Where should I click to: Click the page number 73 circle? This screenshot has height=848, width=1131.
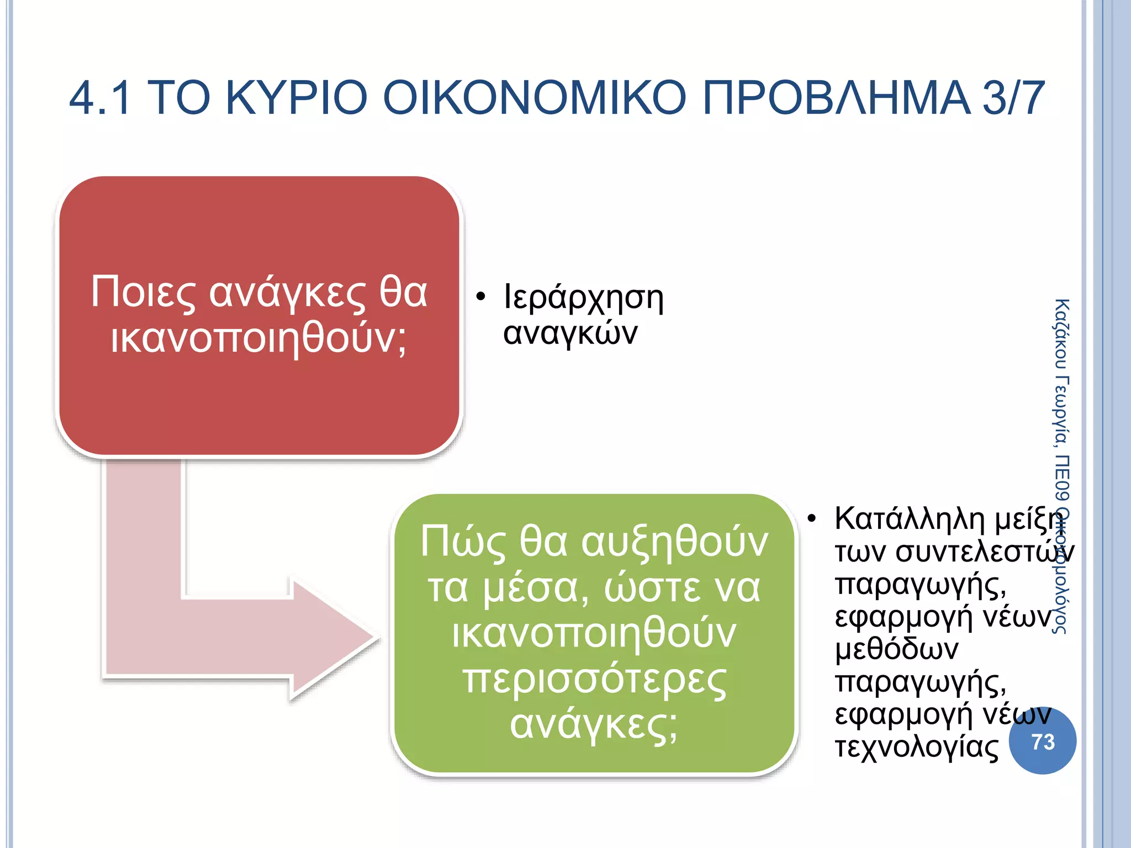tap(1042, 741)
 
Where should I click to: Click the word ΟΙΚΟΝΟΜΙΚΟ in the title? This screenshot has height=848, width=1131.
tap(533, 98)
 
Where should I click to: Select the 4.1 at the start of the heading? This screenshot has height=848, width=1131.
tap(101, 98)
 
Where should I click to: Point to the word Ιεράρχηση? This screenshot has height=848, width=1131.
tap(583, 298)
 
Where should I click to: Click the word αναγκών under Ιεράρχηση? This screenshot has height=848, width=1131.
tap(570, 333)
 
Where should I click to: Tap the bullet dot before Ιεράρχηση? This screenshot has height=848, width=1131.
tap(480, 297)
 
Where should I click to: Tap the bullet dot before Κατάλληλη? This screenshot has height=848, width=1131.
tap(811, 519)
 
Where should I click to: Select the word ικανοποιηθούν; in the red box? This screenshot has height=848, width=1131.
tap(258, 338)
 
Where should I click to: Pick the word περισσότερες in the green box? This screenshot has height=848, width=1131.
tap(594, 680)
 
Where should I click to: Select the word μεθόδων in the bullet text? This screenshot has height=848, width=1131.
tap(896, 649)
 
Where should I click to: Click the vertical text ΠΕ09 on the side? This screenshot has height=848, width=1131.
tap(1061, 479)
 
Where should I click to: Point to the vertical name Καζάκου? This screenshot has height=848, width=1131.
tap(1061, 334)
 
